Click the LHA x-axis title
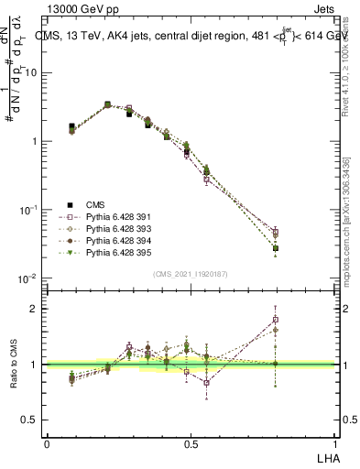327,456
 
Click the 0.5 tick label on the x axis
191,443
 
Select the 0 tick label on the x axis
47,443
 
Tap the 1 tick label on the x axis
333,443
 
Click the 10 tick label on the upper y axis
30,72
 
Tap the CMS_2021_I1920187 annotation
190,274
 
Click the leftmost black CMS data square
71,126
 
